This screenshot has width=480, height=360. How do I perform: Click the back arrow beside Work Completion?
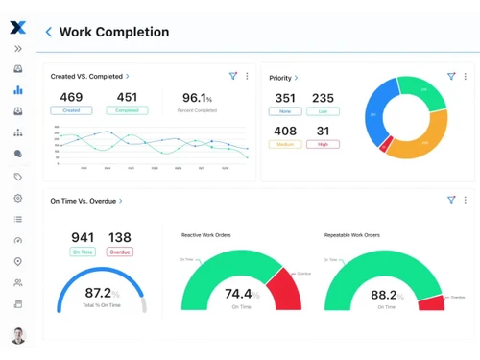[x=49, y=32]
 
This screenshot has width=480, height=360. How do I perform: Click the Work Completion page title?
[x=113, y=32]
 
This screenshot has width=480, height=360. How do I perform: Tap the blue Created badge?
[x=71, y=110]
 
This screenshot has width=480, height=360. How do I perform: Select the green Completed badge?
[x=127, y=110]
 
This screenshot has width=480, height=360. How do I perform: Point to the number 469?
[x=71, y=97]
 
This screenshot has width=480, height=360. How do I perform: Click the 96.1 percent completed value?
[x=197, y=97]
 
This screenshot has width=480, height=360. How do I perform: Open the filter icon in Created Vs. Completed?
[x=233, y=76]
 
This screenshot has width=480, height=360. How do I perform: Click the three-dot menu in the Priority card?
[x=466, y=77]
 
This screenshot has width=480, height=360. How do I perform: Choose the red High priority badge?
[x=323, y=144]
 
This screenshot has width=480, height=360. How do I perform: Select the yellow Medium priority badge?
[x=285, y=144]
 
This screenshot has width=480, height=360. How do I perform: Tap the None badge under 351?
[x=285, y=111]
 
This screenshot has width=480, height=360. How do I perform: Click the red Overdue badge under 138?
[x=120, y=252]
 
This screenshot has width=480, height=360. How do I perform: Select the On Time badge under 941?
[x=83, y=252]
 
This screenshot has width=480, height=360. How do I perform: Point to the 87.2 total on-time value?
[x=101, y=293]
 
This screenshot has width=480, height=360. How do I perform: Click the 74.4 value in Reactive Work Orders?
[x=237, y=294]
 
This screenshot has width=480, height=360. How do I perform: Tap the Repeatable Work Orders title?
[x=352, y=235]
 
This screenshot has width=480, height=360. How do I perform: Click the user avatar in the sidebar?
[x=17, y=336]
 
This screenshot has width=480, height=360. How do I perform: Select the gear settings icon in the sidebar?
[x=17, y=198]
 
